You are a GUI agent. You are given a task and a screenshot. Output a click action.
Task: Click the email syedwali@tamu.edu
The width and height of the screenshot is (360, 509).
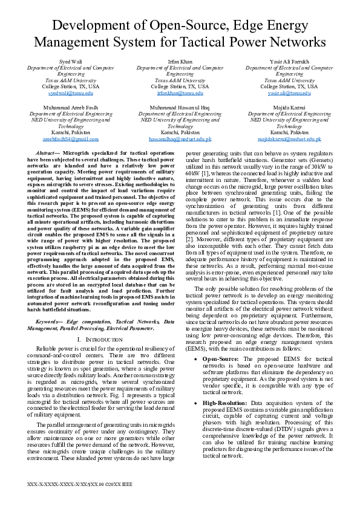click(x=71, y=93)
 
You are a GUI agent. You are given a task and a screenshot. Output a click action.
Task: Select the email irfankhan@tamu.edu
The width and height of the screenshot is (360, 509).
click(x=180, y=93)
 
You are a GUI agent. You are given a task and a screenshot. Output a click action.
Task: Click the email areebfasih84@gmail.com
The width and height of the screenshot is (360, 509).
click(x=71, y=138)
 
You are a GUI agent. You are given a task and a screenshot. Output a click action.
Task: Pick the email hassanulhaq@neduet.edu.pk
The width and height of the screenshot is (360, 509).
click(x=180, y=138)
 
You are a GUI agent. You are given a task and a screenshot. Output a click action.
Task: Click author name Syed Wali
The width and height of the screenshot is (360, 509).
click(x=71, y=62)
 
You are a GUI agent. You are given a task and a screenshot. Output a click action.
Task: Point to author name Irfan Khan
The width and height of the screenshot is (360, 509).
click(x=180, y=62)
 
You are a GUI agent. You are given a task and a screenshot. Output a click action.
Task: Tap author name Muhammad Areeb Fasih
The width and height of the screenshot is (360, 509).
click(x=71, y=107)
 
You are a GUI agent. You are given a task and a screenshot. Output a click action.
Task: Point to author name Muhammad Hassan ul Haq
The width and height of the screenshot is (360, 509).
click(x=180, y=107)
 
